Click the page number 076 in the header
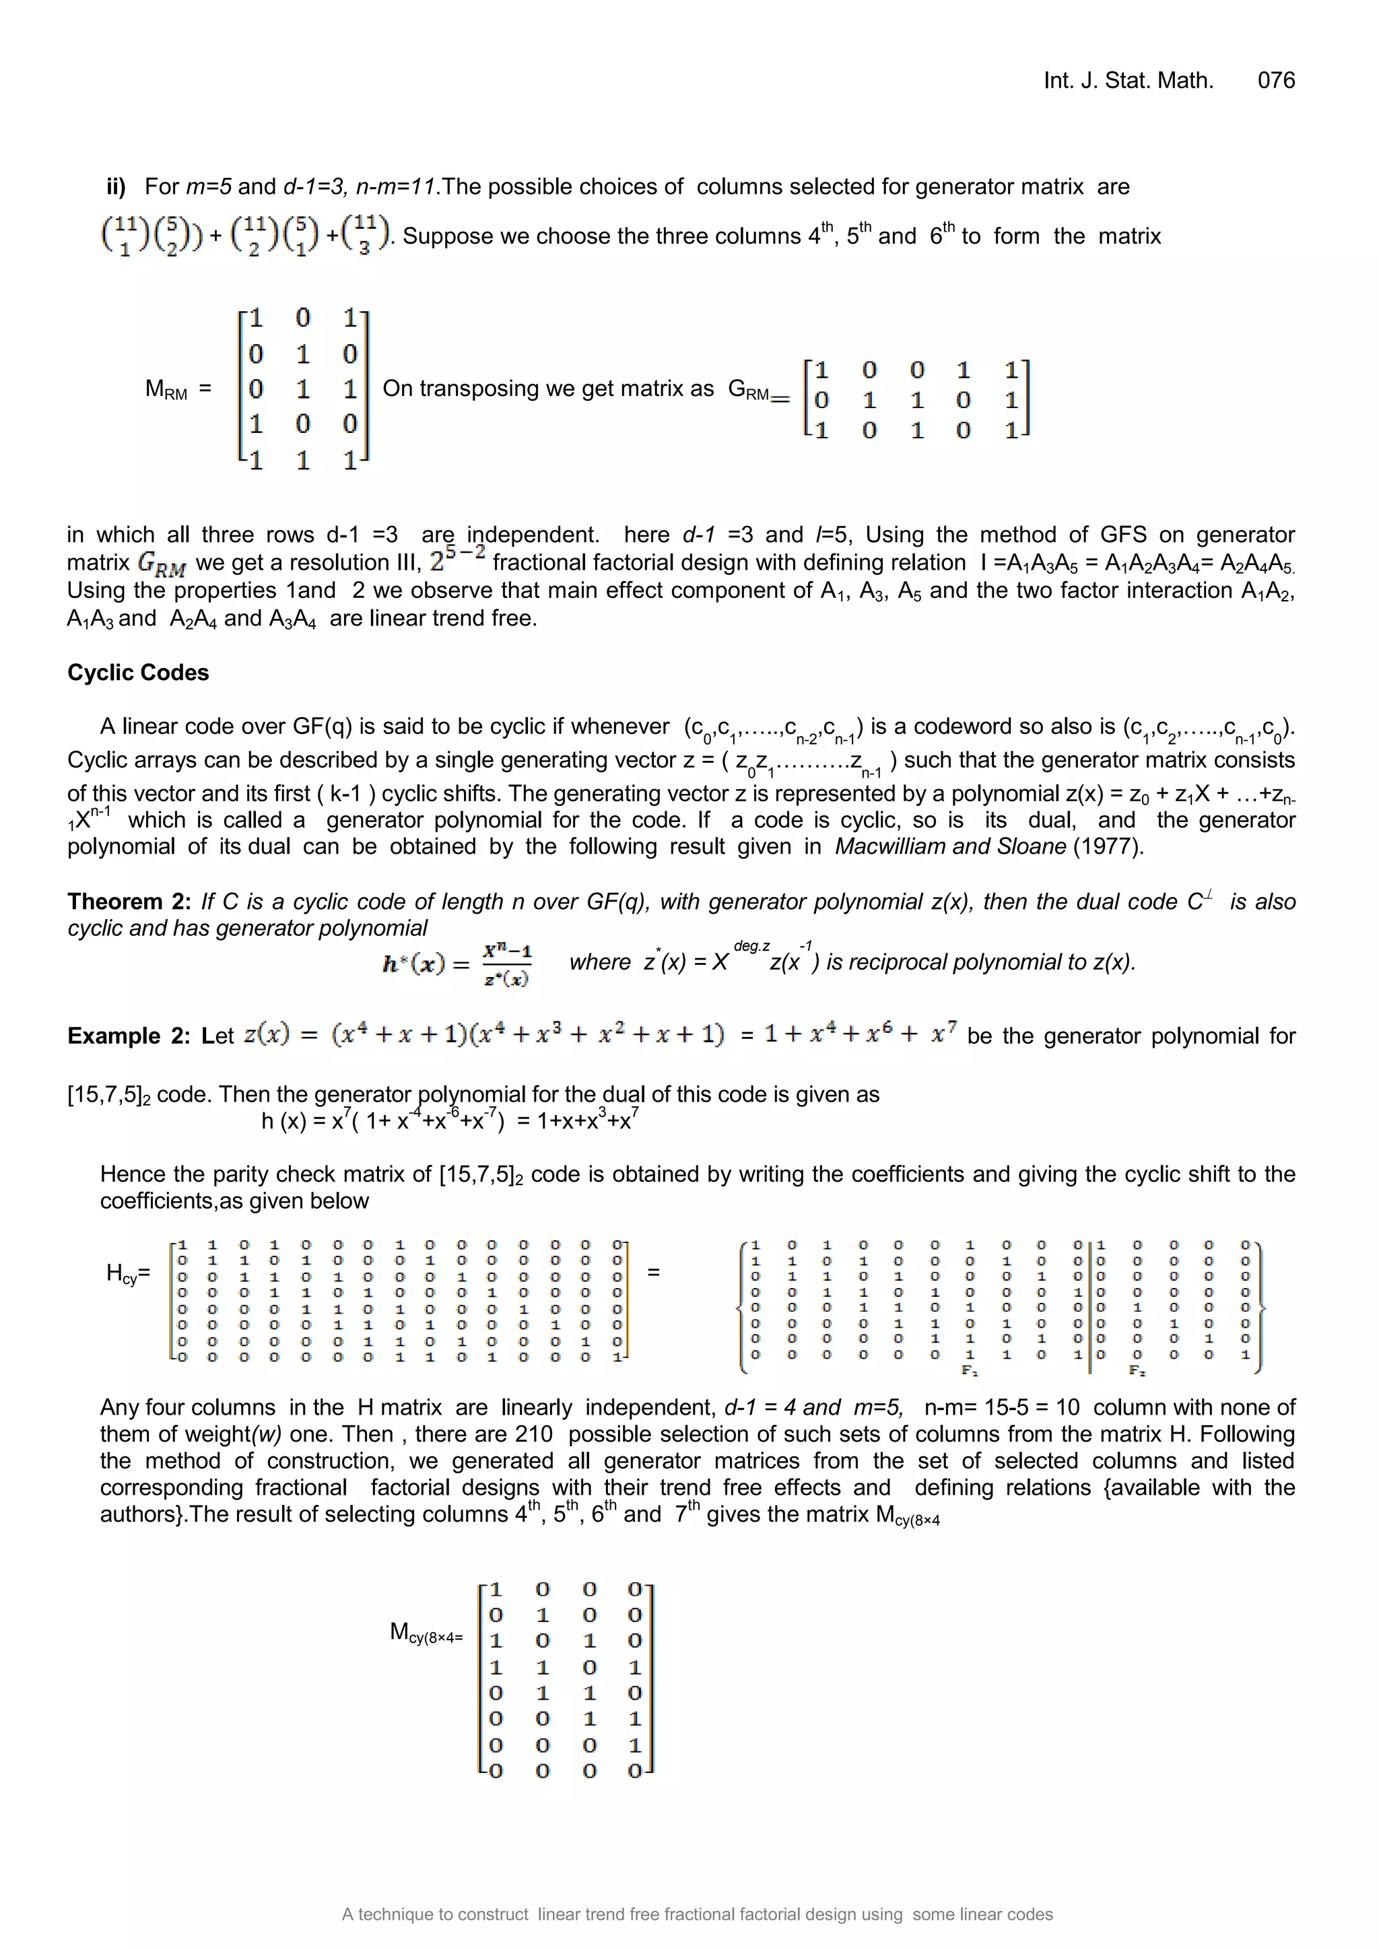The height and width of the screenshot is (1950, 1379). (1275, 81)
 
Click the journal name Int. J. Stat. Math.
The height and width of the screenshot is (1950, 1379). (1128, 81)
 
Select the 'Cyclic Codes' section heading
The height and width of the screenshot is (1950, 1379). (137, 673)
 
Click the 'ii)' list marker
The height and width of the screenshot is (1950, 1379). (116, 187)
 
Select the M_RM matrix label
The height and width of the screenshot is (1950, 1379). (166, 390)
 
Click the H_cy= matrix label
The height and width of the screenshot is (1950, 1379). (127, 1272)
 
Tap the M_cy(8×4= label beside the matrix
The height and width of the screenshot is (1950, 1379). (426, 1632)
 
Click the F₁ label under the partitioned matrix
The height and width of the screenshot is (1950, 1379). (970, 1371)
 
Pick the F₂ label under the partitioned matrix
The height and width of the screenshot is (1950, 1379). (1137, 1371)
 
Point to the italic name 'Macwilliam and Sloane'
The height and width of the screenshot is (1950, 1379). (950, 847)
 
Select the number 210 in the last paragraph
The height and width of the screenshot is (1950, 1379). (533, 1434)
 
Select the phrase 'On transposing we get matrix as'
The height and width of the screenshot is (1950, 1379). (547, 389)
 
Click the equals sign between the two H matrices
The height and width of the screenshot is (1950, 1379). (653, 1272)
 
